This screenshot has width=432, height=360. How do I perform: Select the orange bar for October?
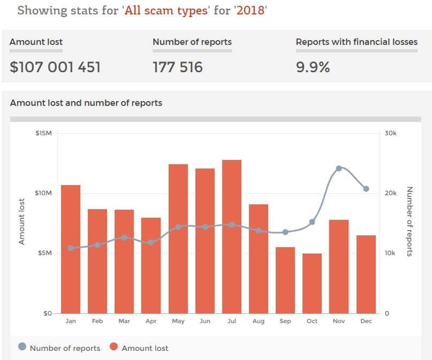pos(312,284)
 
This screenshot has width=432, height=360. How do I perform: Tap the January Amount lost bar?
pos(71,249)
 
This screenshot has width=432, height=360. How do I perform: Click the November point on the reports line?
pos(339,168)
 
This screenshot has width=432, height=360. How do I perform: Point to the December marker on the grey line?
pos(366,189)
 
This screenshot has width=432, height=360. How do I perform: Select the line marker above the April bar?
pos(151,242)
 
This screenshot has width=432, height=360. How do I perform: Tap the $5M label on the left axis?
pos(43,253)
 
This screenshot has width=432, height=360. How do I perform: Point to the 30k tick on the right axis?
pos(391,133)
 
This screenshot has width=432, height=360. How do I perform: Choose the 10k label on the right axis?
pos(390,253)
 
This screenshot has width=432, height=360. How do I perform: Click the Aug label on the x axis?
pos(259,321)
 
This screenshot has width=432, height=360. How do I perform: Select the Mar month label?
pos(124,321)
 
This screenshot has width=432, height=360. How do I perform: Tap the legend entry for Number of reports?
pos(65,348)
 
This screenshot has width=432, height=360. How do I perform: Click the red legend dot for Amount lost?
pos(113,348)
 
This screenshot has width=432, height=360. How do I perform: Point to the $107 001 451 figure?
pos(55,67)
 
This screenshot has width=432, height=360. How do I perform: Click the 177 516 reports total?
pos(178,67)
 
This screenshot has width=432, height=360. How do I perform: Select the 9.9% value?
pos(313,67)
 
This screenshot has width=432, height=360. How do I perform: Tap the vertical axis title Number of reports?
pos(410,221)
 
